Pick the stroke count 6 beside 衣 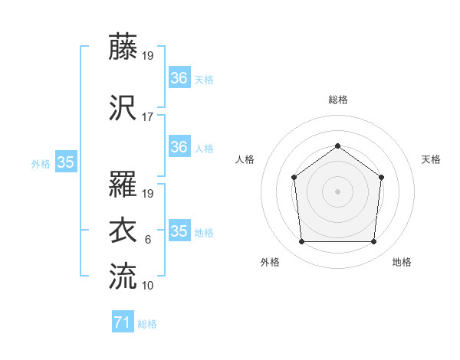[147, 240]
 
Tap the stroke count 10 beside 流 [148, 285]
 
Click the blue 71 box [122, 323]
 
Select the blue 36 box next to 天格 [179, 78]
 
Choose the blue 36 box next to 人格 [179, 147]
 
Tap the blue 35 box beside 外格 [66, 162]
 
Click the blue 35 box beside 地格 [179, 231]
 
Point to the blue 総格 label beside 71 [147, 324]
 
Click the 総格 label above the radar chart [337, 100]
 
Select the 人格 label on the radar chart [245, 159]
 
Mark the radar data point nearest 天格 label [381, 177]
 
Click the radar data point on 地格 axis [373, 241]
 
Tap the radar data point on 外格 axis [301, 241]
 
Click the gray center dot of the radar [337, 191]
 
